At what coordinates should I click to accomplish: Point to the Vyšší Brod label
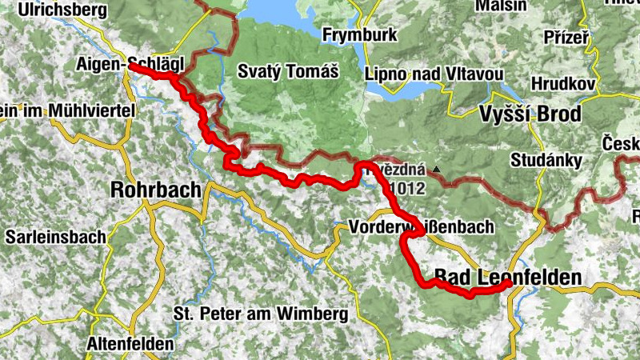530,114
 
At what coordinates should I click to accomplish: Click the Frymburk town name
361,35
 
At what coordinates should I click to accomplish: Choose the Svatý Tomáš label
288,70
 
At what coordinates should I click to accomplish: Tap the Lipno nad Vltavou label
433,74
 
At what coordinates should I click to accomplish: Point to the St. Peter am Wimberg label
260,314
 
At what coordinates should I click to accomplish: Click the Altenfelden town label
132,344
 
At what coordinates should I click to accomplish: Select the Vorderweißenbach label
422,228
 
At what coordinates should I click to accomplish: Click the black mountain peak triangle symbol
437,170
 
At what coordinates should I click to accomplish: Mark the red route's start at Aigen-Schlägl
131,68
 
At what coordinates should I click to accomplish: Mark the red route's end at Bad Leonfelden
509,283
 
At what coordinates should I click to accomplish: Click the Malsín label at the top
501,6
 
